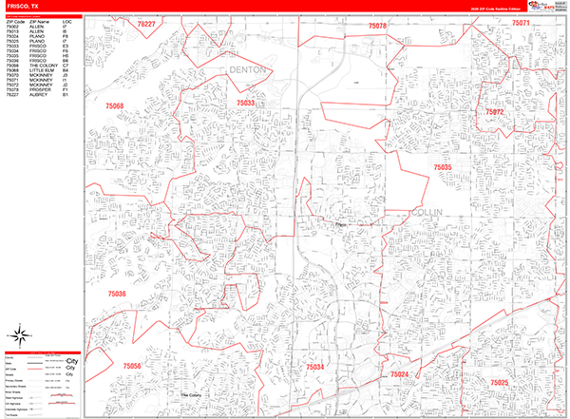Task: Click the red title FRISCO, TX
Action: [23, 6]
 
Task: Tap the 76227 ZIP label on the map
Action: [146, 23]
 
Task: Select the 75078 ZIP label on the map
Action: [377, 26]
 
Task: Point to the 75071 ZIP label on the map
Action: [520, 22]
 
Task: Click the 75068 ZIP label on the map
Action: [115, 106]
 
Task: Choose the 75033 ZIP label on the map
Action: [246, 103]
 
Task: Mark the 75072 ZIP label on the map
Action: [495, 112]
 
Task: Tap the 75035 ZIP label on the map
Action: [444, 166]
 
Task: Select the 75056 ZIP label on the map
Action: [132, 366]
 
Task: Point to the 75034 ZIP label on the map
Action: [314, 366]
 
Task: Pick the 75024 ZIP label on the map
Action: [400, 375]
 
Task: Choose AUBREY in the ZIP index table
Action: [40, 95]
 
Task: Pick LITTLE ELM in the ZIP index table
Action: [42, 70]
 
